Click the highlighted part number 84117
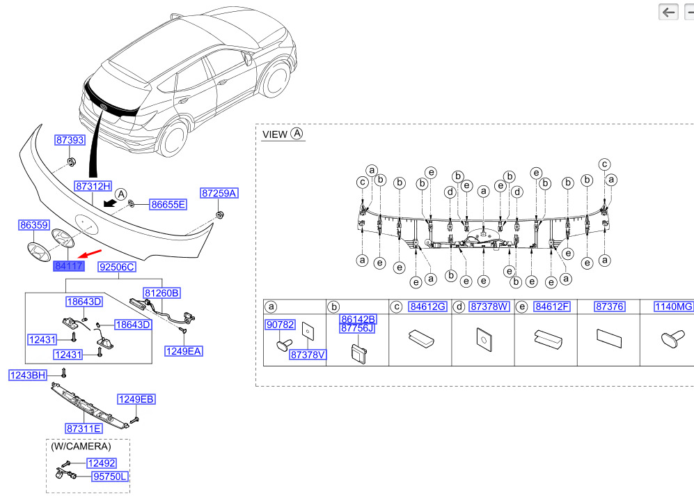pyautogui.click(x=69, y=265)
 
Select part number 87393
pyautogui.click(x=70, y=140)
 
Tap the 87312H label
pyautogui.click(x=93, y=186)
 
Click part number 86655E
pyautogui.click(x=168, y=204)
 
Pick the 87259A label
pyautogui.click(x=219, y=193)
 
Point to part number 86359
pyautogui.click(x=34, y=225)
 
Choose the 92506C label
pyautogui.click(x=117, y=267)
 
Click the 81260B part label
pyautogui.click(x=161, y=293)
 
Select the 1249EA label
pyautogui.click(x=184, y=351)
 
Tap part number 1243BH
pyautogui.click(x=28, y=375)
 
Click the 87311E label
pyautogui.click(x=84, y=428)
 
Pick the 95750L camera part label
pyautogui.click(x=110, y=476)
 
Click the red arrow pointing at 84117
pyautogui.click(x=89, y=254)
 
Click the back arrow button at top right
pyautogui.click(x=668, y=11)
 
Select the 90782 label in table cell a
pyautogui.click(x=280, y=325)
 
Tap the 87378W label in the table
pyautogui.click(x=489, y=307)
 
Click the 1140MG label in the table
pyautogui.click(x=673, y=307)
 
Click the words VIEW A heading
pyautogui.click(x=283, y=134)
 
